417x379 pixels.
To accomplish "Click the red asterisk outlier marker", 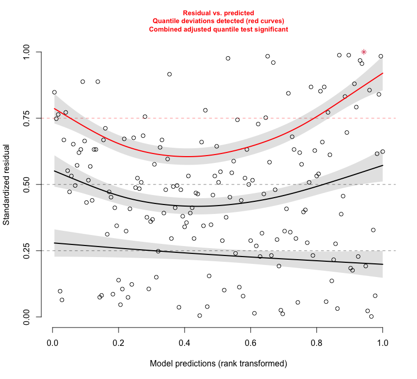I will pos(363,52).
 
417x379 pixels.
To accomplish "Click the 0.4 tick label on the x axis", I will pos(185,343).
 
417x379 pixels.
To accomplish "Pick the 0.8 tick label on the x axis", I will pos(316,343).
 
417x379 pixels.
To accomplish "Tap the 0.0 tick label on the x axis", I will pos(52,343).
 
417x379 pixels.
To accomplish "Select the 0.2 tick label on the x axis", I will pos(119,343).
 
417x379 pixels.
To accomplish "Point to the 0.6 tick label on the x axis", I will pos(250,343).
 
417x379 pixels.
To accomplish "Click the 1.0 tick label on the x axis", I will pos(382,343).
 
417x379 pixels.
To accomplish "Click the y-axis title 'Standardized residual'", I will pos(7,185).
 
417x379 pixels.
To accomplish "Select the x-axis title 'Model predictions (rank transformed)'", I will pos(218,363).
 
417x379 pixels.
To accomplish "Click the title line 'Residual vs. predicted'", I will pos(218,13).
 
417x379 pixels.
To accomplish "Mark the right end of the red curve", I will pos(382,73).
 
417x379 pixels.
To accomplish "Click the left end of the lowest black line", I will pos(55,243).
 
